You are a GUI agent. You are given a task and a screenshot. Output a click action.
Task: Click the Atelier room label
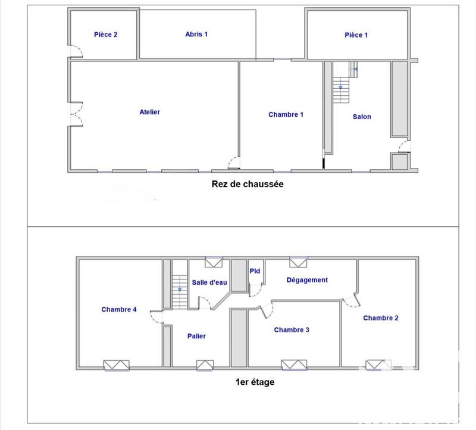click(x=150, y=112)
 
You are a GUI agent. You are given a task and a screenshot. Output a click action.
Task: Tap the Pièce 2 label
click(x=106, y=35)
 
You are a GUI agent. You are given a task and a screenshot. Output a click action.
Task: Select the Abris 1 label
click(x=196, y=35)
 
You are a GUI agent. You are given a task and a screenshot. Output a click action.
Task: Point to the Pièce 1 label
click(x=356, y=35)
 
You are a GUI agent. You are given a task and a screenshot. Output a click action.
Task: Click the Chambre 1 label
click(x=286, y=115)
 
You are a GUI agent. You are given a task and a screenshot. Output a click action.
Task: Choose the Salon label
click(x=362, y=117)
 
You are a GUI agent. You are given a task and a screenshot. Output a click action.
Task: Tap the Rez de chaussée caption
click(x=248, y=184)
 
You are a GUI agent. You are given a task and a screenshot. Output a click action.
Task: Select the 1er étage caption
click(x=255, y=382)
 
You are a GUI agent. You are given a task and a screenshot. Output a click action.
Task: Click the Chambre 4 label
click(x=119, y=310)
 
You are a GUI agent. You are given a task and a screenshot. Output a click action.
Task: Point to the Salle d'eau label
click(x=209, y=282)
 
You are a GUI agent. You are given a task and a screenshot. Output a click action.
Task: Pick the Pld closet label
click(x=255, y=272)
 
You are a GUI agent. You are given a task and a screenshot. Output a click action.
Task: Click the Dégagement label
click(x=307, y=280)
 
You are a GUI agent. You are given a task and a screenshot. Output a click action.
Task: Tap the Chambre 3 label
click(x=292, y=330)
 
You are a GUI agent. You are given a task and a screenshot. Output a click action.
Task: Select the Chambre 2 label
click(x=381, y=318)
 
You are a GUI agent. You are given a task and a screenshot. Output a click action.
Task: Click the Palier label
click(x=196, y=336)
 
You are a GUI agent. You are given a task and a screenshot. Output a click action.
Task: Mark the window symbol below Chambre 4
click(x=116, y=365)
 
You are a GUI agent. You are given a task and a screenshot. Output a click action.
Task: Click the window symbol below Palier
click(x=205, y=365)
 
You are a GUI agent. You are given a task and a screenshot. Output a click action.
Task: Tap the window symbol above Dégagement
click(x=297, y=261)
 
